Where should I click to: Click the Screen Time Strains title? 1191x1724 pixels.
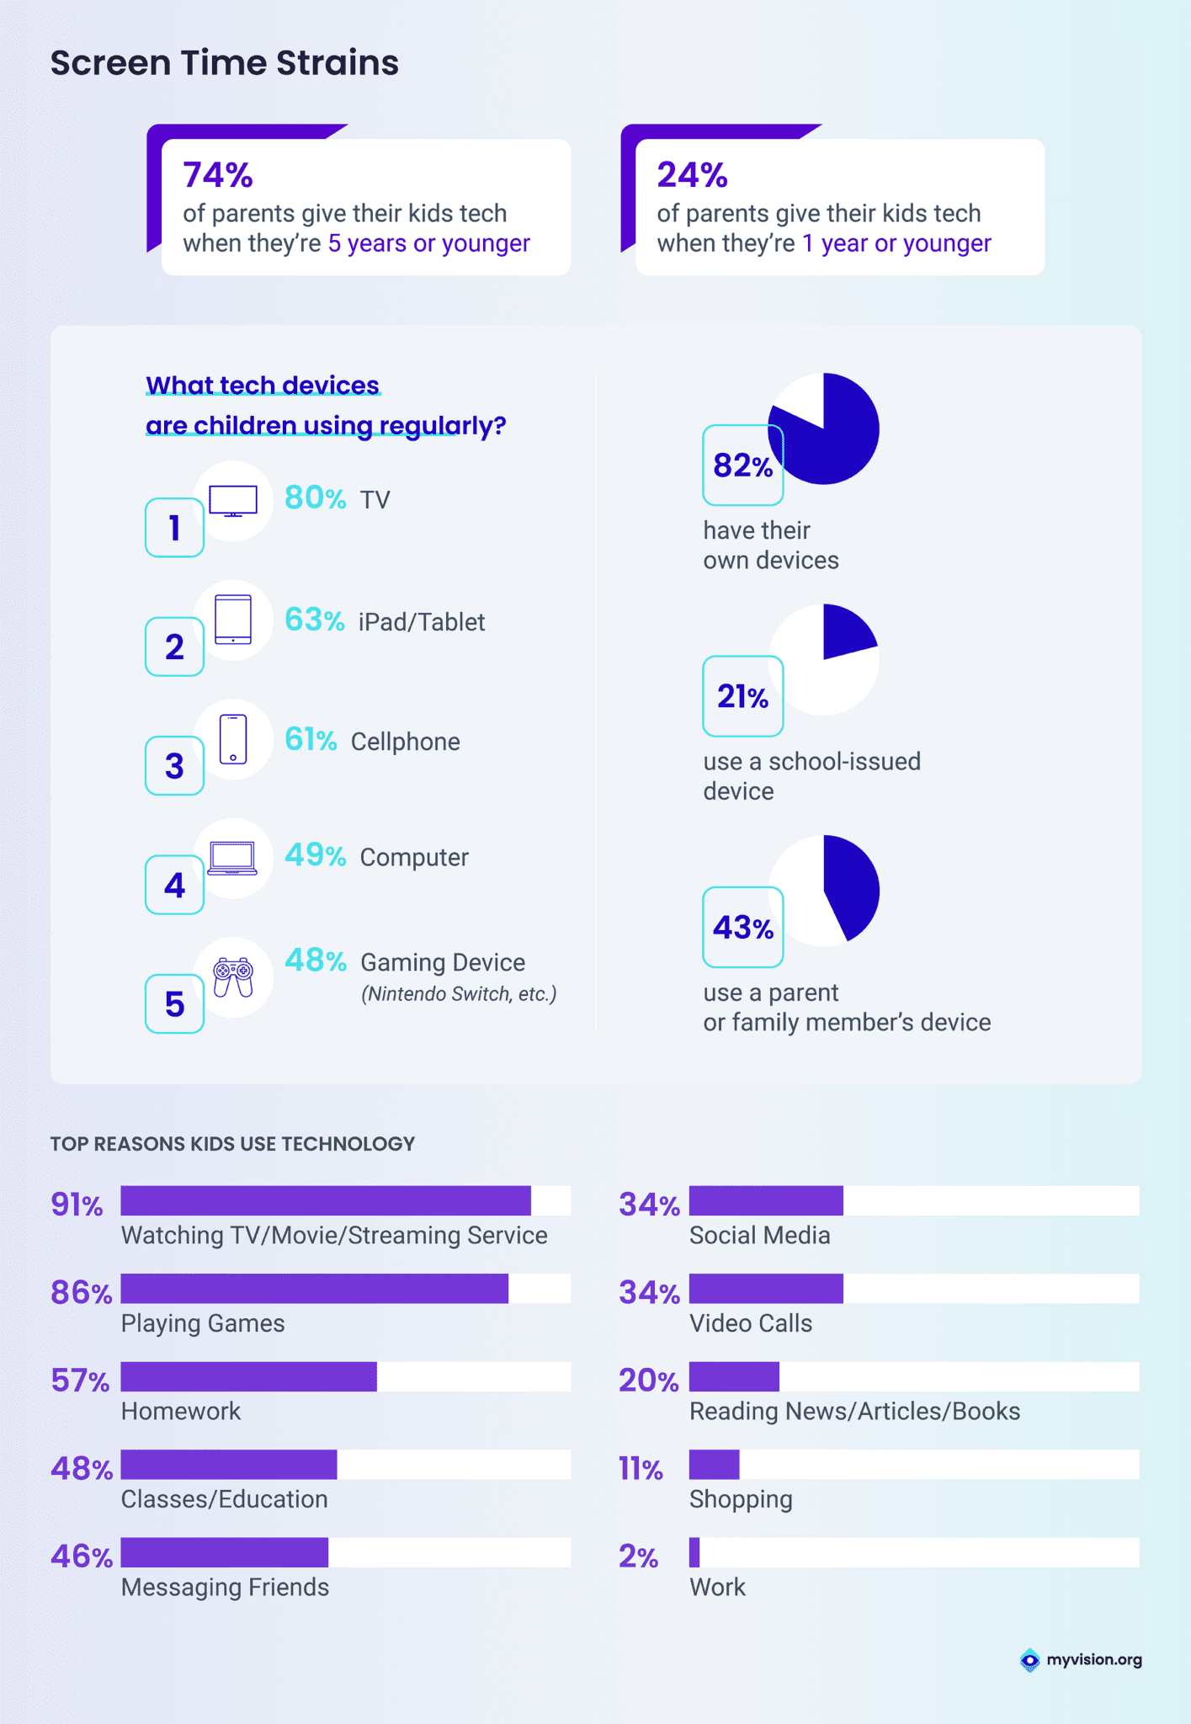224,63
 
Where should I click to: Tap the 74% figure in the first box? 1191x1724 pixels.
218,175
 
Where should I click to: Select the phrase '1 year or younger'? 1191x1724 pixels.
896,243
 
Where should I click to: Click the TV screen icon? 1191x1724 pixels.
233,501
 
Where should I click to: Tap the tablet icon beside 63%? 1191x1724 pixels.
233,620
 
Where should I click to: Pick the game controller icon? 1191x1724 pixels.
233,976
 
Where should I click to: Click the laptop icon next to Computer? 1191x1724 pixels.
232,858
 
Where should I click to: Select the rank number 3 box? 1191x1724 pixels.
174,766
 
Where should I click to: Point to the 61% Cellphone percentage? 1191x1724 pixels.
311,739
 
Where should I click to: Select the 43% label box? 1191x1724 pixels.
742,927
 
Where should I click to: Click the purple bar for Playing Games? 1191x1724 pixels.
314,1289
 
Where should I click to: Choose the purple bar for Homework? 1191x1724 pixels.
248,1376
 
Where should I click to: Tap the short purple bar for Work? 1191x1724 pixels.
694,1552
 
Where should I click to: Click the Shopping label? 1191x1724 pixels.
741,1499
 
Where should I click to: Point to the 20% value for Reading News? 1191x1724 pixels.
648,1381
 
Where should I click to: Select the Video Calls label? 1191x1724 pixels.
751,1323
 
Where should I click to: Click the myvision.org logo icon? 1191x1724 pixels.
1029,1660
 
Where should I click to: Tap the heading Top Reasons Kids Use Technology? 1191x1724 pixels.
232,1144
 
